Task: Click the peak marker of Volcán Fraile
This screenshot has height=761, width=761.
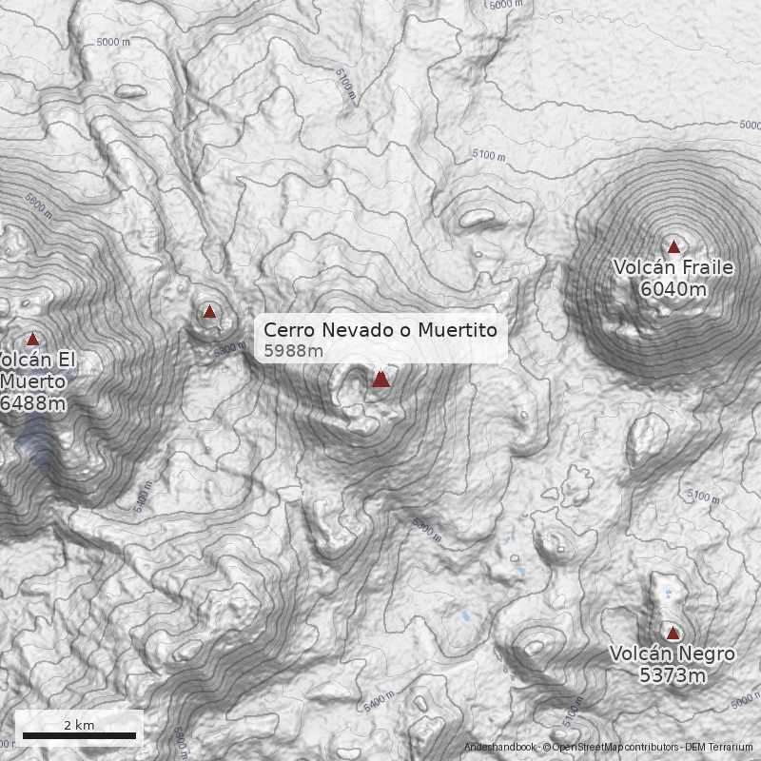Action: click(x=673, y=247)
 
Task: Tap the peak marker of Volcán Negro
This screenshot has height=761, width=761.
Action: click(x=673, y=633)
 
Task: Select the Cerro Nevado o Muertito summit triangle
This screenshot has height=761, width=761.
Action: click(x=380, y=380)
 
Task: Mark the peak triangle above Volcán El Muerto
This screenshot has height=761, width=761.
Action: click(x=32, y=339)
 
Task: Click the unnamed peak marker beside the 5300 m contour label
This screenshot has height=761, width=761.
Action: click(x=209, y=311)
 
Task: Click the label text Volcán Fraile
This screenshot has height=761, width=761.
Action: click(x=673, y=268)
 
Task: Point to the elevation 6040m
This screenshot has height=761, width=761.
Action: click(x=673, y=289)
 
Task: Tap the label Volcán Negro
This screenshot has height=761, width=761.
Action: click(x=672, y=654)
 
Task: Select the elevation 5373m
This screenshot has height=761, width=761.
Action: click(x=672, y=675)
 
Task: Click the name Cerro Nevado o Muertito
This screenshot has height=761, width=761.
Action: click(x=380, y=330)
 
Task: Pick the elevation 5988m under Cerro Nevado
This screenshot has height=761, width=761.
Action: click(x=293, y=351)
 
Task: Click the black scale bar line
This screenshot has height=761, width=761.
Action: click(x=79, y=735)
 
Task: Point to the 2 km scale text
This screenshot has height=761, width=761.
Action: click(x=79, y=725)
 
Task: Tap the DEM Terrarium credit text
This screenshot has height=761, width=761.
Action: click(x=718, y=748)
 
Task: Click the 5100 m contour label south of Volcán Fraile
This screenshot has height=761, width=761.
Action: click(x=704, y=497)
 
